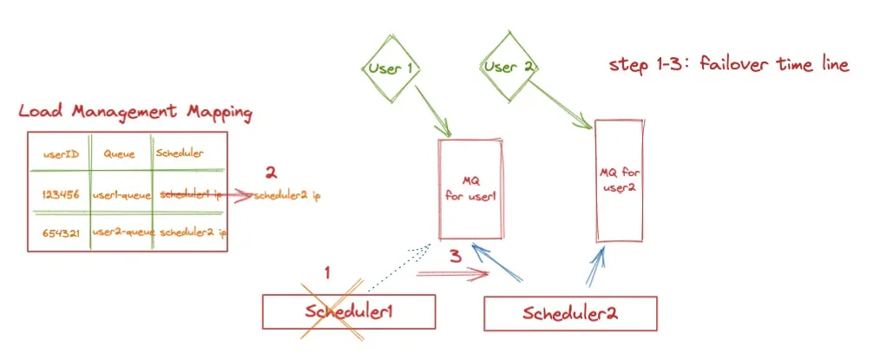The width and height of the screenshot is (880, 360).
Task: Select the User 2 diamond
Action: [509, 67]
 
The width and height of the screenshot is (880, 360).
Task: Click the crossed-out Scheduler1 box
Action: [350, 311]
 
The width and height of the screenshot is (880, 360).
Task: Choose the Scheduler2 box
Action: [569, 313]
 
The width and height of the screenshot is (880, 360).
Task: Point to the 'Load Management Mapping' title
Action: [135, 112]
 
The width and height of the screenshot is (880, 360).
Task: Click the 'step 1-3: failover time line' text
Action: [729, 65]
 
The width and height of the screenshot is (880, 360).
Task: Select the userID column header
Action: [62, 154]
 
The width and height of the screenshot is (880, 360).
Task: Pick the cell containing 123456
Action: [61, 194]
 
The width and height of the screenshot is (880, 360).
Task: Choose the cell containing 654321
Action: [61, 232]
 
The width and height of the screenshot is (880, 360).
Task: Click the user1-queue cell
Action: [121, 194]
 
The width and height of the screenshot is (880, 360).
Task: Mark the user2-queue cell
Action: [121, 232]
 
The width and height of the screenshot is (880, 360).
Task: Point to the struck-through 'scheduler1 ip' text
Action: [192, 194]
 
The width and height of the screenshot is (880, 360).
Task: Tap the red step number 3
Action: [454, 257]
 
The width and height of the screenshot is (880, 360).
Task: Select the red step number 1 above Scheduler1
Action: [327, 272]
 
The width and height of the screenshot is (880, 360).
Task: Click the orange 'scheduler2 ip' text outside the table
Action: [288, 196]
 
